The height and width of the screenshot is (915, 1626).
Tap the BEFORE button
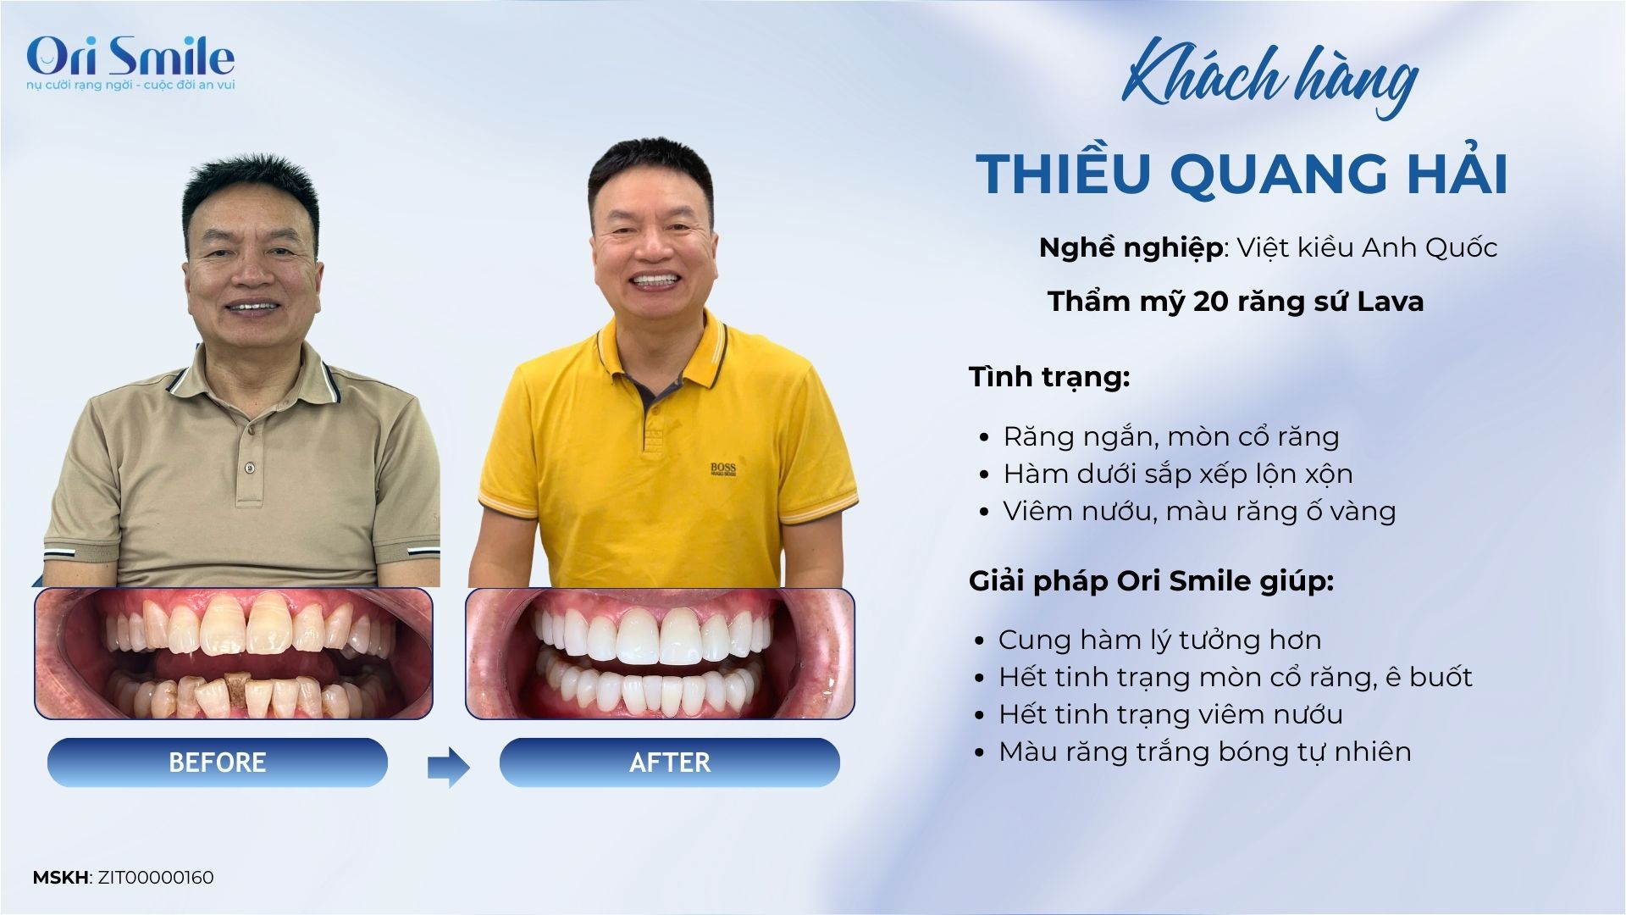(x=218, y=762)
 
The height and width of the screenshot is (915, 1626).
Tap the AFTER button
(x=670, y=762)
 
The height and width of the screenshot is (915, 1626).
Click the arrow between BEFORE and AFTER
(x=448, y=768)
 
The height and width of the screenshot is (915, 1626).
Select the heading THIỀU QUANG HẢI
(x=1242, y=174)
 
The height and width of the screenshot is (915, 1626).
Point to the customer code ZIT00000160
(x=156, y=878)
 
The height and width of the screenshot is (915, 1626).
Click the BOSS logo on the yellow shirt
(x=723, y=469)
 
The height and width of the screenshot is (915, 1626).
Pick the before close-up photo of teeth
(x=234, y=653)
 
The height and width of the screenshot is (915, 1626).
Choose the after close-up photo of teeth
(x=661, y=653)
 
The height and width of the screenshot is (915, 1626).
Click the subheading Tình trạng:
(x=1049, y=376)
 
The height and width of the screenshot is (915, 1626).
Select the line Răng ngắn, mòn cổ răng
(x=1171, y=436)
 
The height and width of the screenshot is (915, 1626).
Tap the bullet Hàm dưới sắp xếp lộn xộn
(x=1178, y=474)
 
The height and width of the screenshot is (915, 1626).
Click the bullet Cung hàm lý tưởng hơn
(x=1159, y=640)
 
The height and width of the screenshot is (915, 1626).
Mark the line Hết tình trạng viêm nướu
(x=1170, y=714)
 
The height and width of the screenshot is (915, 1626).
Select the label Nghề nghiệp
(x=1131, y=248)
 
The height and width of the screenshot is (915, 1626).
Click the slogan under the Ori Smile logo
(x=130, y=86)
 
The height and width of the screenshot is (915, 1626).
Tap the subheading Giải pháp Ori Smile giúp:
(x=1151, y=581)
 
